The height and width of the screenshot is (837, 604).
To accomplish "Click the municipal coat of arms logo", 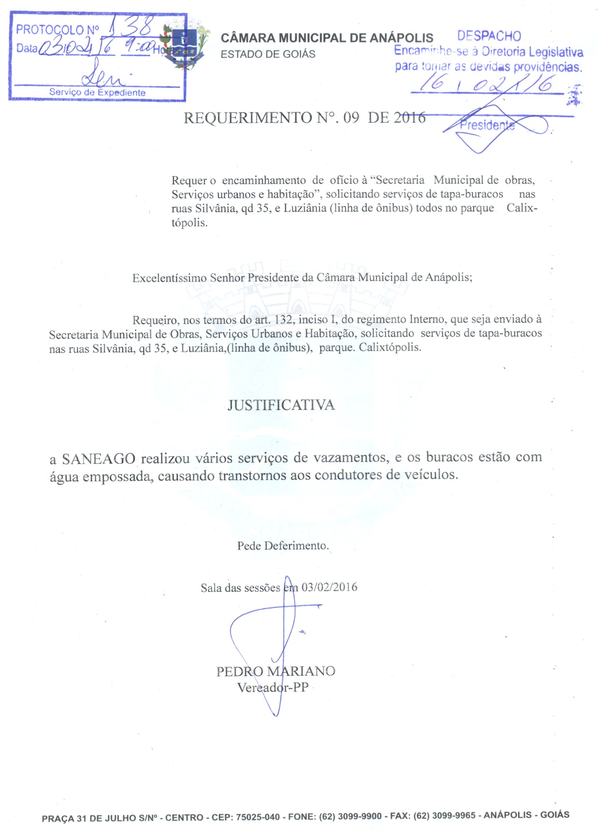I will pyautogui.click(x=185, y=46).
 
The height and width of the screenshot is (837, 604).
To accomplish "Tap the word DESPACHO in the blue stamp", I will pyautogui.click(x=489, y=36).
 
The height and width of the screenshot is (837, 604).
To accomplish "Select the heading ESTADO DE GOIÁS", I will pyautogui.click(x=268, y=55).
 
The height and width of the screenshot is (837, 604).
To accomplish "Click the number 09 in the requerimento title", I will pyautogui.click(x=351, y=118).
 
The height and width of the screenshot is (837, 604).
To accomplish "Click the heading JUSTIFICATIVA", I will pyautogui.click(x=281, y=405).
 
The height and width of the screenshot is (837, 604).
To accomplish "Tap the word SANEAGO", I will pyautogui.click(x=99, y=459).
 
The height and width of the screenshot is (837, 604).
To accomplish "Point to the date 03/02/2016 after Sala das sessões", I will pyautogui.click(x=329, y=587).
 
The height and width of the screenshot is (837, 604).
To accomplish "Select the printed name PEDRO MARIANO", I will pyautogui.click(x=276, y=671).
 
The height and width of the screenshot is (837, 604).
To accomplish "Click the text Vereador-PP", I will pyautogui.click(x=273, y=688).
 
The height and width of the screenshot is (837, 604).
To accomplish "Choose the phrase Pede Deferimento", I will pyautogui.click(x=282, y=546).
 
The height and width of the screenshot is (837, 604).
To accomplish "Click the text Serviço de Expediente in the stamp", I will pyautogui.click(x=97, y=92).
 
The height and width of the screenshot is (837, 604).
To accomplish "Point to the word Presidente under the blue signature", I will pyautogui.click(x=487, y=125).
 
